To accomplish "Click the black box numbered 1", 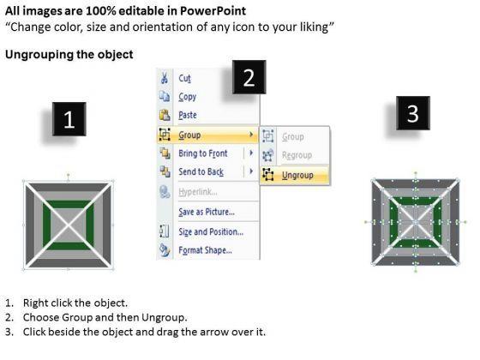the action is [69, 119].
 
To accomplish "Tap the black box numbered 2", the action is [249, 77].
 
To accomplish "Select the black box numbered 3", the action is [413, 113].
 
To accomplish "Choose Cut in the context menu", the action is [184, 78].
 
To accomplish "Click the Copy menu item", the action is [188, 97].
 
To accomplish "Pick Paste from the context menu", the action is [188, 115].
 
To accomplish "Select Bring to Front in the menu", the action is [203, 153].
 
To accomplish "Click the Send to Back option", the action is [201, 171].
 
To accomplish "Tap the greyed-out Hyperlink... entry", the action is [198, 192].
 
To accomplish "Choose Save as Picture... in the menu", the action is [207, 212].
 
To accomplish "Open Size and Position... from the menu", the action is [211, 231].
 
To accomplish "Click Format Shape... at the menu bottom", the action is [205, 250].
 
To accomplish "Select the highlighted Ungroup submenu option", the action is [297, 175].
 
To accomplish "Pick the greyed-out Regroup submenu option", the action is [297, 155].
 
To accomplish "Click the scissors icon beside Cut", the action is [165, 78].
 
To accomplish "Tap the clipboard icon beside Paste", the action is [165, 115].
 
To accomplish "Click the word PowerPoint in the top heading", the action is [213, 11].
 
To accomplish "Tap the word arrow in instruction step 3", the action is [211, 332].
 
